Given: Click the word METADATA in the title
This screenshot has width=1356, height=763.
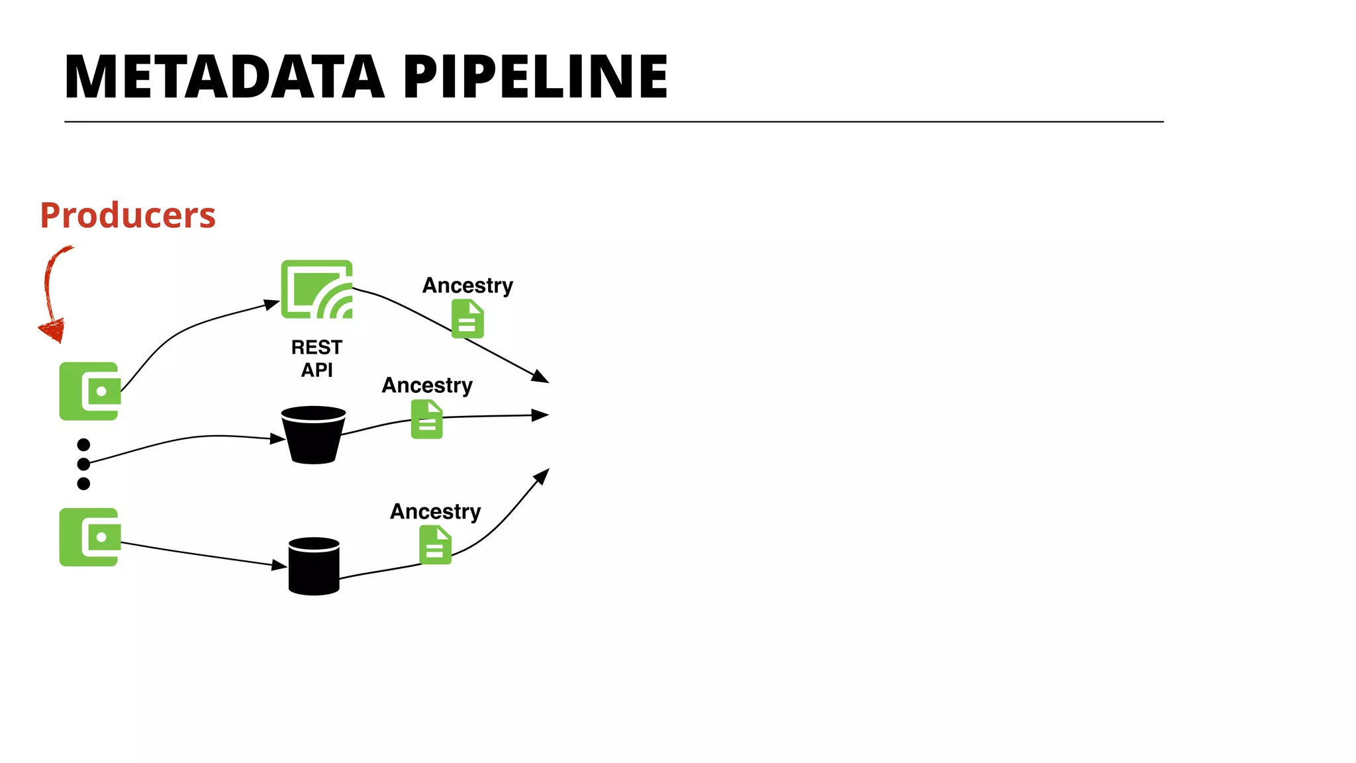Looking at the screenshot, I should pos(224,77).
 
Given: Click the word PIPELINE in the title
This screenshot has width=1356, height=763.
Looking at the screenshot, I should pos(535,77).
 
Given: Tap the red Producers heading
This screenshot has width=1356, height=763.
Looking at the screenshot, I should pos(128,215).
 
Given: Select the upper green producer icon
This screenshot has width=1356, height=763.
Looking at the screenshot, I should pos(89,391).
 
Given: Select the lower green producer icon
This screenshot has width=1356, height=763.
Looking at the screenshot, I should pos(89,537).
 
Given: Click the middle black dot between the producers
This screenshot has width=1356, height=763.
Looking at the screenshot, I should pos(83,464).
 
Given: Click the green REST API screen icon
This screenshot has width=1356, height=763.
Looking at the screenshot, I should pos(316,289).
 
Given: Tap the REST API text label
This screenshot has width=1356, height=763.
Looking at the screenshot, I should pos(316,358).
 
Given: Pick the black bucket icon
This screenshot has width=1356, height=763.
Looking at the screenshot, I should pos(313,435).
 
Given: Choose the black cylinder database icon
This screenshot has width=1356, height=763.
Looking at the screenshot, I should pos(314,566).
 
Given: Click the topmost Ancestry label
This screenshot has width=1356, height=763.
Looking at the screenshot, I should pos(467,285).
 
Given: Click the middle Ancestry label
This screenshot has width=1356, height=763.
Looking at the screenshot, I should pos(427,385).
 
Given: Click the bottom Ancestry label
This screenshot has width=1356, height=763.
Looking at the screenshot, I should pos(435,511).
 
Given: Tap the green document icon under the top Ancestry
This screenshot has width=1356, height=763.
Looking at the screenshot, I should pos(467,319).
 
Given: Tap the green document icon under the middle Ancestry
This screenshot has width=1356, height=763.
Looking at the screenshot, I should pos(427,419).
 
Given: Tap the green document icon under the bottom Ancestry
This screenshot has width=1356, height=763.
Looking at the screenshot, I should pos(435,544).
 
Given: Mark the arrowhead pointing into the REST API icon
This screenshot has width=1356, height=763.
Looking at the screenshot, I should pos(272,304).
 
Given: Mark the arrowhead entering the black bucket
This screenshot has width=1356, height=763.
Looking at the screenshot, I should pos(278,438).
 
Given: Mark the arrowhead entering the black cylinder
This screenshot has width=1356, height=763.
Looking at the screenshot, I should pos(280,566).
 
